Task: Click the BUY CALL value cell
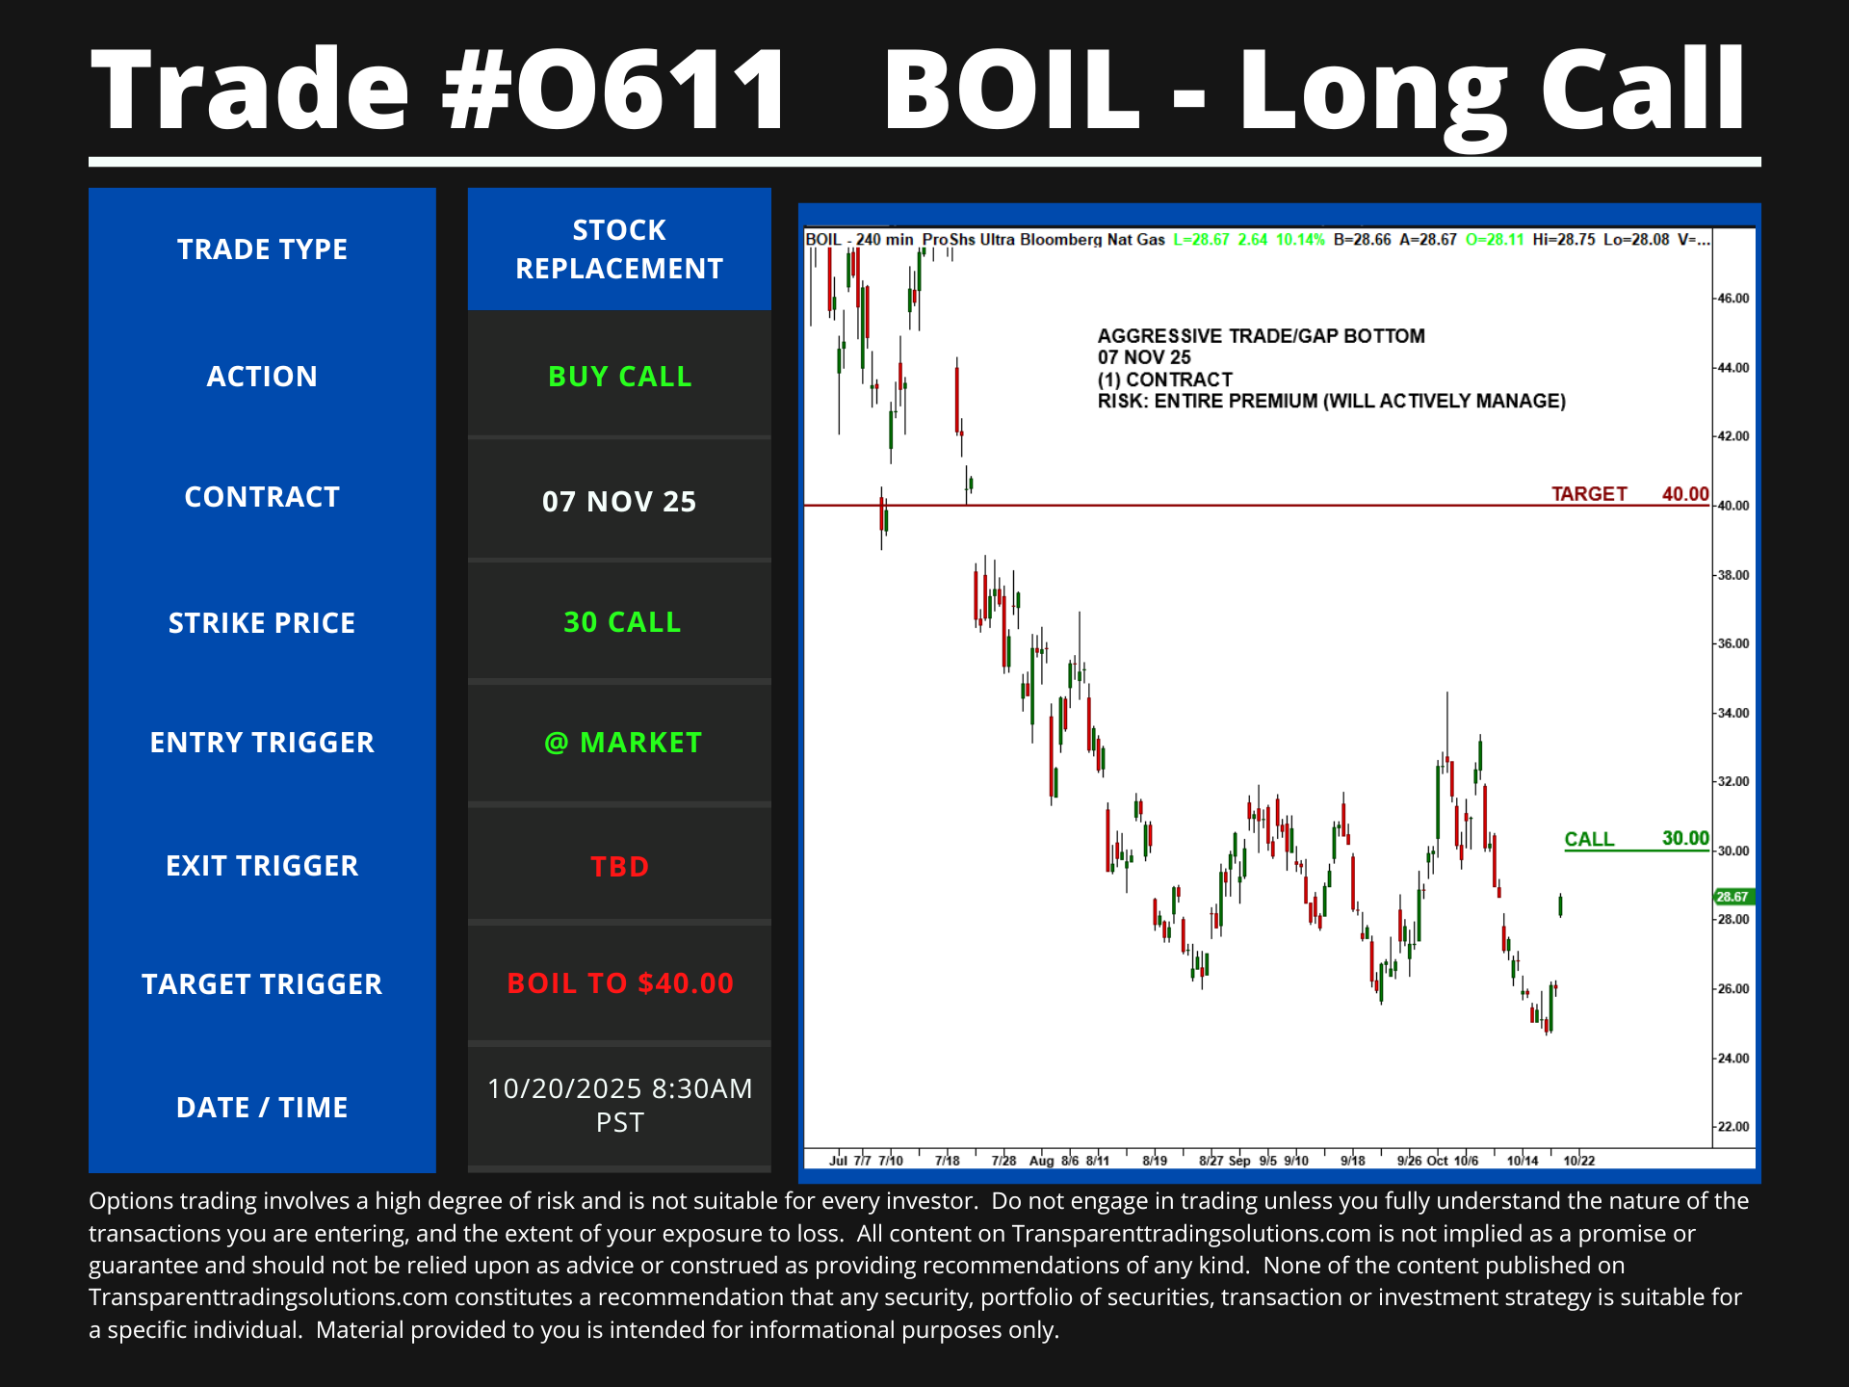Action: [x=619, y=376]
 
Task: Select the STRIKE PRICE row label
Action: [x=262, y=623]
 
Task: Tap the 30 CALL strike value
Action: [x=622, y=622]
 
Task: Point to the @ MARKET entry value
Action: [x=622, y=743]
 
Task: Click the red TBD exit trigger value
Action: [x=619, y=866]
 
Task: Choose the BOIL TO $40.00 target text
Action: [x=620, y=983]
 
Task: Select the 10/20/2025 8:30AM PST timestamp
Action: [x=619, y=1105]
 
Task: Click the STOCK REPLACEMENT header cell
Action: [x=619, y=249]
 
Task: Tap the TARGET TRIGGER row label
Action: [x=262, y=984]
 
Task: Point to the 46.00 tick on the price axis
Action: [x=1733, y=299]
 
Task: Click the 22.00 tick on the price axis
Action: [x=1733, y=1127]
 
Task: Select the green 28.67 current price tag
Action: [x=1733, y=897]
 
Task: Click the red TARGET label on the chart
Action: [x=1589, y=494]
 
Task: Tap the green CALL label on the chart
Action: [x=1589, y=839]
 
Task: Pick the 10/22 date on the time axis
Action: [x=1579, y=1161]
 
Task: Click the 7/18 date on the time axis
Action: [x=948, y=1161]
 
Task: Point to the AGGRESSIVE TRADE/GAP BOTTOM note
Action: [x=1262, y=336]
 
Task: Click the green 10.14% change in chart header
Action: [x=1300, y=240]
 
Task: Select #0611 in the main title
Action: [x=614, y=90]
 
